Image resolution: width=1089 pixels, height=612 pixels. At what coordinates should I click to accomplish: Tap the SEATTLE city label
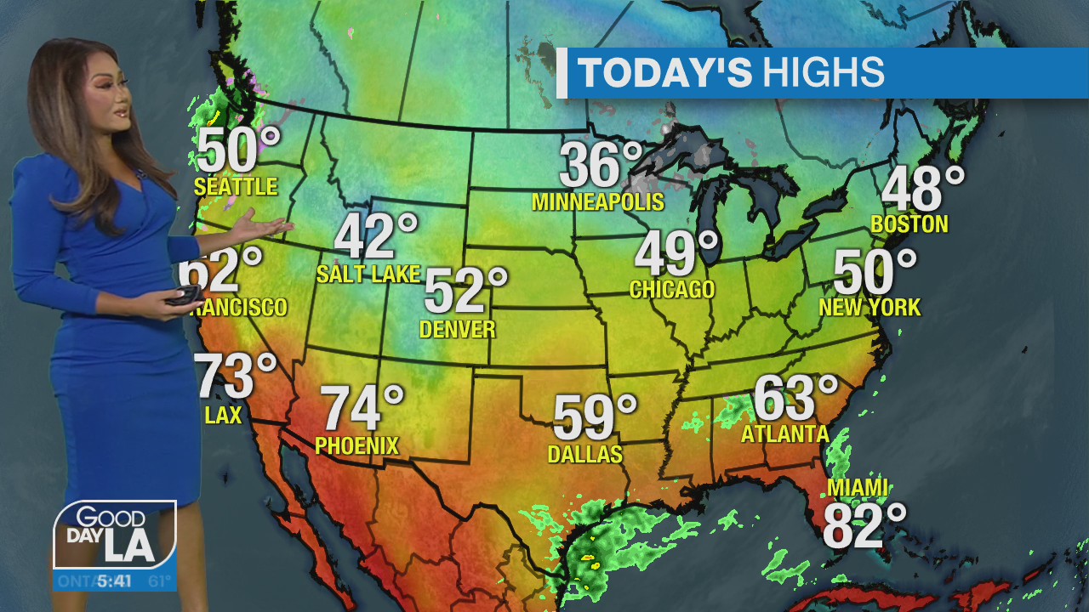tap(236, 187)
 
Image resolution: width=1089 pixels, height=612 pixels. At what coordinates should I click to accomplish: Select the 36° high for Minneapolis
tap(601, 165)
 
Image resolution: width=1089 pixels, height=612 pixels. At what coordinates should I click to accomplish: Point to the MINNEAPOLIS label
tap(597, 202)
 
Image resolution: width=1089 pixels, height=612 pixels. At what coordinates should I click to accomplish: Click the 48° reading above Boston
tap(922, 189)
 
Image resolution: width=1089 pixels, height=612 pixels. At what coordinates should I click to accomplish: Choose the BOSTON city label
tap(909, 224)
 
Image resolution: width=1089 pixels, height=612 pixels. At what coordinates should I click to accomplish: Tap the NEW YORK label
tap(869, 307)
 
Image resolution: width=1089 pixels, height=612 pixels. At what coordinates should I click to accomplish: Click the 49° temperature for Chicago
tap(677, 253)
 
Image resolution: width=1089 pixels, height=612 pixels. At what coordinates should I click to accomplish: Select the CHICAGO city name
tap(671, 290)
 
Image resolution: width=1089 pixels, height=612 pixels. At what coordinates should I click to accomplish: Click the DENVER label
tap(458, 330)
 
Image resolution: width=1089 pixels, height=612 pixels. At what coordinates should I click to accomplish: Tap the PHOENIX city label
tap(356, 445)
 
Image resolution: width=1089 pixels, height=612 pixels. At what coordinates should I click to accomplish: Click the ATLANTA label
tap(784, 434)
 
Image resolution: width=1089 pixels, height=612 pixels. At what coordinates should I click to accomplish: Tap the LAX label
tap(223, 416)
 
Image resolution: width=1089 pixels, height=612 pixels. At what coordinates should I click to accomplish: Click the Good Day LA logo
tap(114, 535)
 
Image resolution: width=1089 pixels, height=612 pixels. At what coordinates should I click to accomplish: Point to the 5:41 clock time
tap(113, 582)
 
